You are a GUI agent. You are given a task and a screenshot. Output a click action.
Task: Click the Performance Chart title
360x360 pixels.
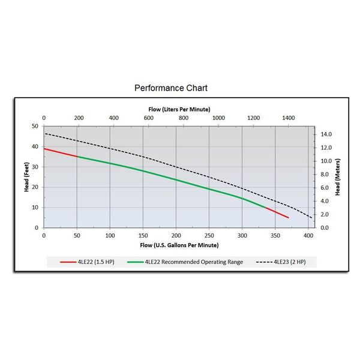coord(171,88)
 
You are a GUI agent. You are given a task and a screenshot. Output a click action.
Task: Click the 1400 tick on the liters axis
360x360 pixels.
coord(289,118)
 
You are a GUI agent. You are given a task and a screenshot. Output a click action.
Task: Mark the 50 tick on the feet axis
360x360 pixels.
coord(35,127)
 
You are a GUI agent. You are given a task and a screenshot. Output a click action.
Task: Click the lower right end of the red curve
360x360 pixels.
coord(288,217)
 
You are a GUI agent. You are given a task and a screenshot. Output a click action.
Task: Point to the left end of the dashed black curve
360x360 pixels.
coord(45,133)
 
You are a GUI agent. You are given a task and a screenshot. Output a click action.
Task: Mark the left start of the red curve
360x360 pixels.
coord(45,148)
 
